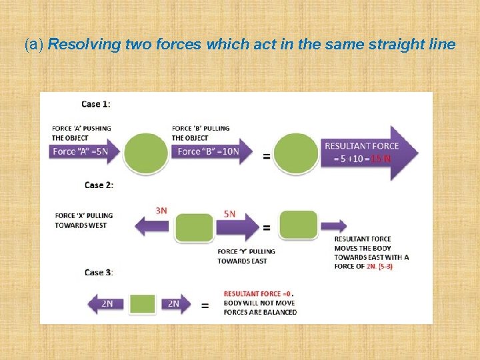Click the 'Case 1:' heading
96,104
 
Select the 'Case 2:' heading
99,185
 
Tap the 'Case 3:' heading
99,272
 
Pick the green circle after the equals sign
296,154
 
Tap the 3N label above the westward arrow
161,210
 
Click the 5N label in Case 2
229,214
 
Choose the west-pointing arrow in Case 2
153,227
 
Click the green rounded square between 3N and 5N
194,227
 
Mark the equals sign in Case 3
205,305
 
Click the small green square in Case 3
142,304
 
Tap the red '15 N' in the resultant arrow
381,159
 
